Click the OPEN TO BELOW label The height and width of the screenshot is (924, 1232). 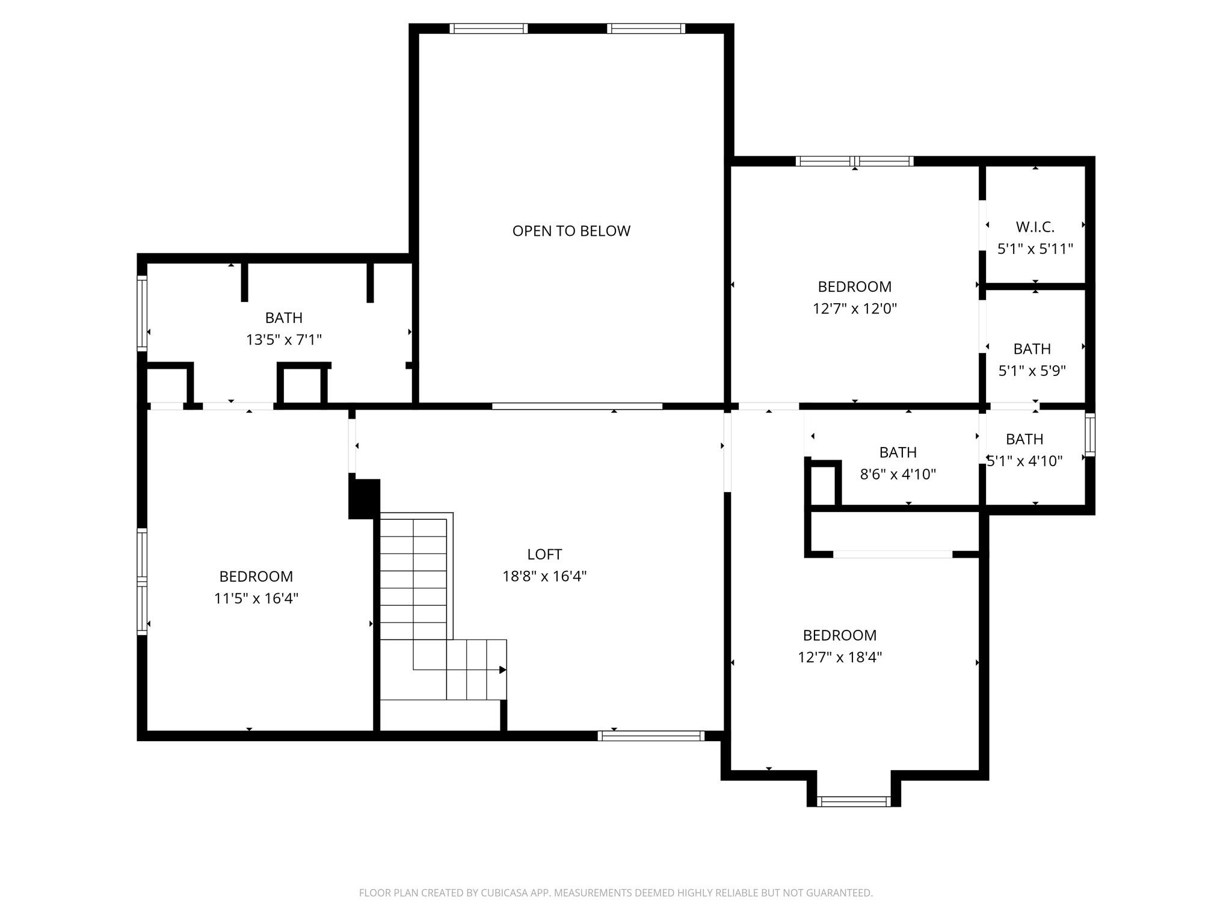pos(571,231)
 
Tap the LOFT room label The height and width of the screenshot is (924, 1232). pos(544,554)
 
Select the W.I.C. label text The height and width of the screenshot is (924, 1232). pos(1035,227)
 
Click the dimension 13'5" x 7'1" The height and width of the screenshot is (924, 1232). pos(284,340)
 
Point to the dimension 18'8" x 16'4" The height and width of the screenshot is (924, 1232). pos(544,576)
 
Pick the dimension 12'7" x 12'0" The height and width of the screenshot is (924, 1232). pos(855,309)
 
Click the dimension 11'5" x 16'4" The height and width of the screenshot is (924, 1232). pos(256,599)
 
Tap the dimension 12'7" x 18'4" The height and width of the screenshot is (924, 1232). pos(840,657)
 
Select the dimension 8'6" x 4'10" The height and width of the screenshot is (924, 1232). pos(898,474)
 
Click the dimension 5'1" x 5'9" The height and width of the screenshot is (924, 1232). pos(1032,371)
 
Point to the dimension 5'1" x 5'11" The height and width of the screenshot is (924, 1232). pos(1035,248)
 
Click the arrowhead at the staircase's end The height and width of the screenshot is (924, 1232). pos(503,670)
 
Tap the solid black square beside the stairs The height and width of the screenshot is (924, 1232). pos(365,499)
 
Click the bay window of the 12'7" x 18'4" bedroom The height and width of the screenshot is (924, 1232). pos(854,801)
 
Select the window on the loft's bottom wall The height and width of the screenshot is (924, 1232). pos(651,735)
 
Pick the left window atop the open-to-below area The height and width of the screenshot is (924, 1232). pos(488,28)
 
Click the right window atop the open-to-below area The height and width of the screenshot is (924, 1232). pos(646,28)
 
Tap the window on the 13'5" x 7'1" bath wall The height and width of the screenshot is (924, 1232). pos(142,313)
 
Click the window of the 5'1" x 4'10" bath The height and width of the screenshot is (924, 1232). pos(1089,434)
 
